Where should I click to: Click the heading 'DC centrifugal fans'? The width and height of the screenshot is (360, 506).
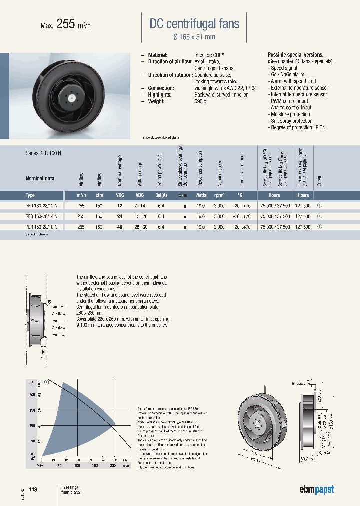pyautogui.click(x=194, y=23)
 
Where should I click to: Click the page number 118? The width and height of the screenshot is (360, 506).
pyautogui.click(x=33, y=489)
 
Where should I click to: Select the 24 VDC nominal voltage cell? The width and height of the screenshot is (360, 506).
pyautogui.click(x=120, y=216)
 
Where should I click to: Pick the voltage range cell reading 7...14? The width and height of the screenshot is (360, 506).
pyautogui.click(x=140, y=205)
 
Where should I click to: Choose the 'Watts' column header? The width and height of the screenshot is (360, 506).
pyautogui.click(x=200, y=195)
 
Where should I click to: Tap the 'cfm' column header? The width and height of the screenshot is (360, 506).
pyautogui.click(x=99, y=195)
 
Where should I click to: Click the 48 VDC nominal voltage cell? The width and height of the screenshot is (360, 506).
pyautogui.click(x=120, y=227)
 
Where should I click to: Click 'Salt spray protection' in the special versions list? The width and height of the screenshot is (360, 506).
pyautogui.click(x=291, y=121)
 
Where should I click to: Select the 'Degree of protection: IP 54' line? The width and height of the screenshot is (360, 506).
pyautogui.click(x=297, y=127)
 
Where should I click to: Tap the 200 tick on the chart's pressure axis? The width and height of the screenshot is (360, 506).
pyautogui.click(x=33, y=395)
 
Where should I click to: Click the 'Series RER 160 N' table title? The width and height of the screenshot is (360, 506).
pyautogui.click(x=43, y=153)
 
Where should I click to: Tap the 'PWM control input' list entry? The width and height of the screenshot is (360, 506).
pyautogui.click(x=289, y=101)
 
